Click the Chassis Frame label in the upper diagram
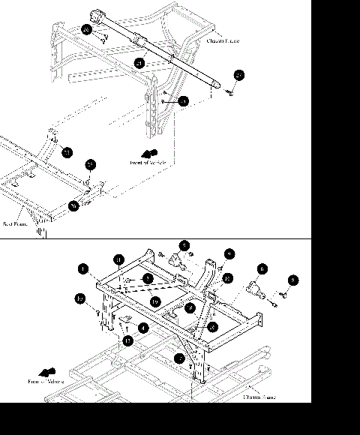(223, 41)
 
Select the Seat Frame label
(15, 223)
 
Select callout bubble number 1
(83, 268)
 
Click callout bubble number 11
(118, 259)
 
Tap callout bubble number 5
(184, 245)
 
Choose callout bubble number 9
(229, 254)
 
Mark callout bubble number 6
(262, 268)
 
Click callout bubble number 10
(80, 299)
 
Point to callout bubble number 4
(142, 328)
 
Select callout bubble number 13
(128, 340)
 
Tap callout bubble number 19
(154, 301)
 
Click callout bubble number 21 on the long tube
(139, 63)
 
